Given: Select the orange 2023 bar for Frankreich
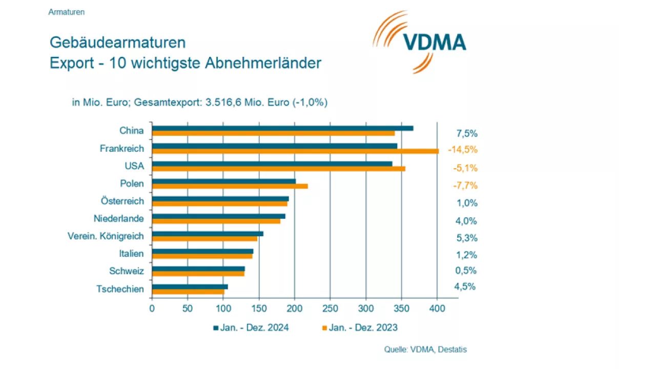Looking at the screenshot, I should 295,151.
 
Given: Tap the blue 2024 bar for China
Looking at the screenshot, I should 282,128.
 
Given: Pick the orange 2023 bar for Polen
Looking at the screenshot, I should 230,186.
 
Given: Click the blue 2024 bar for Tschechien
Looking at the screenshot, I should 190,286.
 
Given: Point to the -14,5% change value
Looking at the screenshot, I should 462,150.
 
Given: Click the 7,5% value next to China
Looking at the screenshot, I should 467,134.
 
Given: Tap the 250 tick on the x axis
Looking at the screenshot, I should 331,309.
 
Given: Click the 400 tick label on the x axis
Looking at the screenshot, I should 437,309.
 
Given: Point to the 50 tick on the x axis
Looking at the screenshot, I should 188,309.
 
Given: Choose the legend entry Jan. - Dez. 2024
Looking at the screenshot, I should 251,328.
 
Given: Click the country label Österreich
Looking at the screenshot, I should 122,201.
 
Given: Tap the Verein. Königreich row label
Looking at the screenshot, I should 106,236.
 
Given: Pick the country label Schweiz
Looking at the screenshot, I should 127,271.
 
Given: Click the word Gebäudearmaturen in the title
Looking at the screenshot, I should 117,42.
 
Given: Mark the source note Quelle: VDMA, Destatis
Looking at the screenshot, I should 425,350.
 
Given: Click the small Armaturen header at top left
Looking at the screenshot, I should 67,12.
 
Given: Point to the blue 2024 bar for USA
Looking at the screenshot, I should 272,163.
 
